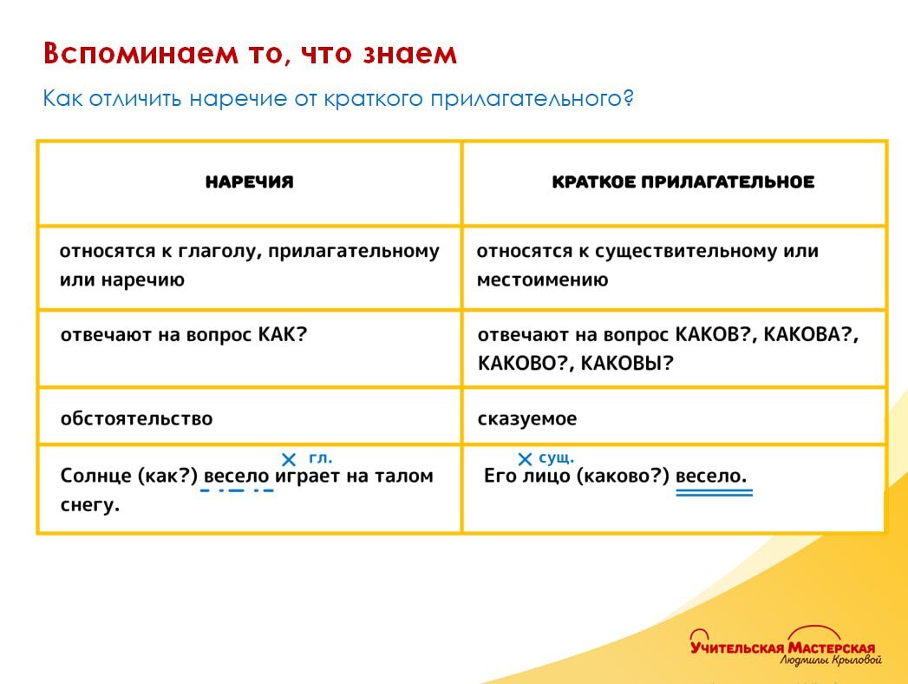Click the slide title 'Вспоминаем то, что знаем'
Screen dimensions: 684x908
250,54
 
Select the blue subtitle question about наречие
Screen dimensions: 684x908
338,98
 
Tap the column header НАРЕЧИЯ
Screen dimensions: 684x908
250,182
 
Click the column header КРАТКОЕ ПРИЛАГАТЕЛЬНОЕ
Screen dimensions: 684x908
683,182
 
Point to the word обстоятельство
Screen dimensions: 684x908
136,418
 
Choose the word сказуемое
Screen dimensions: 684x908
526,418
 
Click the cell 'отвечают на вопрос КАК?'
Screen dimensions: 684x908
184,335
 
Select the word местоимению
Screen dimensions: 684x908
542,280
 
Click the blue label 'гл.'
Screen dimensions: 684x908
320,458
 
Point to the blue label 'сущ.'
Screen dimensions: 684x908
556,458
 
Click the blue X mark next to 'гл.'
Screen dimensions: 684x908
289,459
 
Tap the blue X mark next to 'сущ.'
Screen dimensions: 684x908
524,459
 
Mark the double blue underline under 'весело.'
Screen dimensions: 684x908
714,493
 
